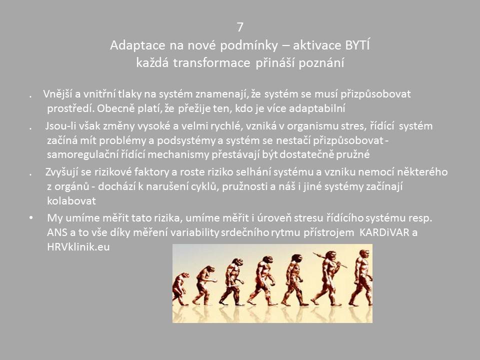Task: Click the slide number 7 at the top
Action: click(240, 27)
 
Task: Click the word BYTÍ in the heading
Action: click(357, 45)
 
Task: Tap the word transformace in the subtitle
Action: click(211, 63)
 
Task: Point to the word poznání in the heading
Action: click(321, 63)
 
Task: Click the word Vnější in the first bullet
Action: click(57, 93)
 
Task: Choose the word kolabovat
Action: click(71, 201)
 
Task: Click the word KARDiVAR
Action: click(384, 232)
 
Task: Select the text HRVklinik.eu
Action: click(78, 246)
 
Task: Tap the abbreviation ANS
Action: click(57, 232)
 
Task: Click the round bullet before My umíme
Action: click(31, 218)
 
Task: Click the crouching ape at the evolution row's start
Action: click(180, 288)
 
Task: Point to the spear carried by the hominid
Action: click(329, 260)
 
